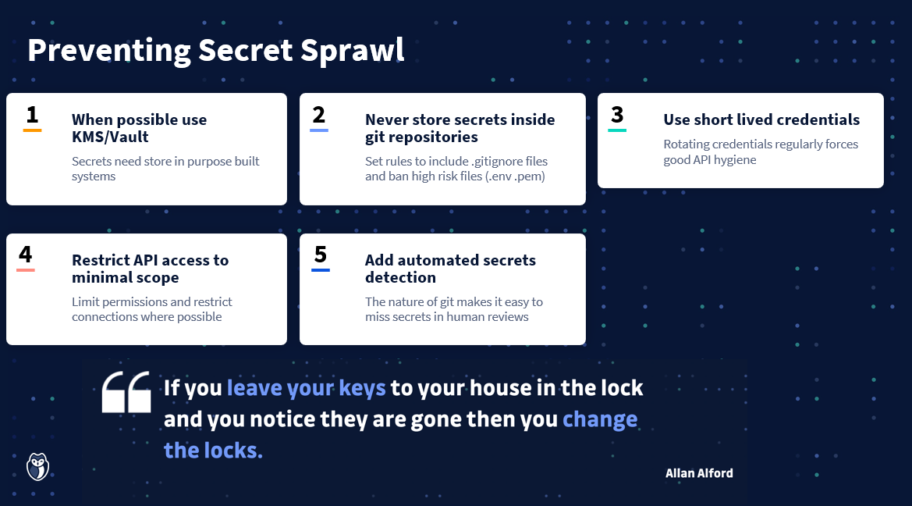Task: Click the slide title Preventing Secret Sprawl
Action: [x=216, y=51]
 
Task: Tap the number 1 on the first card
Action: [x=33, y=115]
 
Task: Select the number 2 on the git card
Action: [x=319, y=115]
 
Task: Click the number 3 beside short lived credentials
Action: [x=617, y=115]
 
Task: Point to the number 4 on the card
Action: [x=26, y=255]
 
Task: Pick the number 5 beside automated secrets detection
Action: [x=321, y=255]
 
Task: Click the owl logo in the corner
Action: [x=37, y=466]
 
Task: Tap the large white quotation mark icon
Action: [x=126, y=392]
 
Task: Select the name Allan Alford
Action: [x=699, y=473]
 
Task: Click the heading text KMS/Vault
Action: [x=111, y=137]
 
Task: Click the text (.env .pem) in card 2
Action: [x=515, y=176]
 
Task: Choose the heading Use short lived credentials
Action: [x=761, y=119]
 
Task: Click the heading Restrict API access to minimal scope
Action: [x=150, y=269]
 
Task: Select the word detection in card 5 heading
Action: [x=401, y=277]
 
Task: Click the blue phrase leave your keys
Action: [x=306, y=388]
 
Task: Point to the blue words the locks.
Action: [x=213, y=450]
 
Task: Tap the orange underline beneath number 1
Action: [x=33, y=130]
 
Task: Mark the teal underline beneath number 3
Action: [x=617, y=130]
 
